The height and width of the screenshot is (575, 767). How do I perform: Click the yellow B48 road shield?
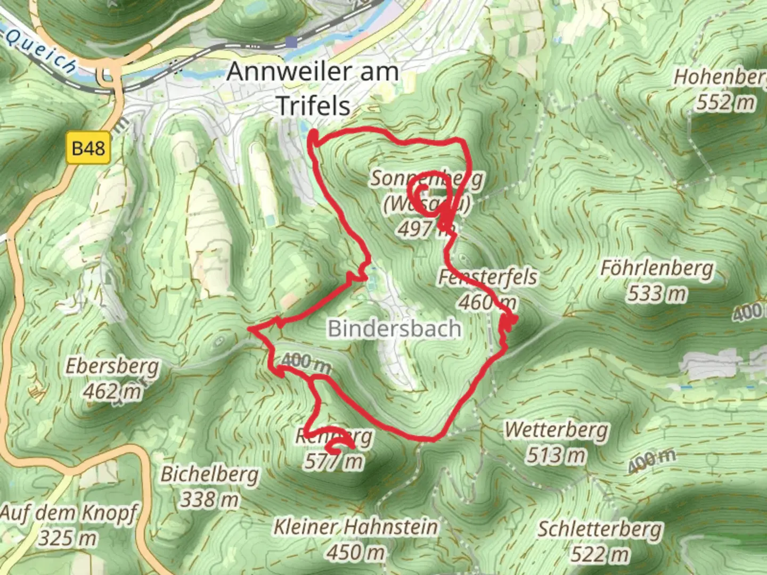tap(88, 147)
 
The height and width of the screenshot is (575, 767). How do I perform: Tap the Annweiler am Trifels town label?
tap(313, 88)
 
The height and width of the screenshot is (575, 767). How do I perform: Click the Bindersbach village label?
tap(394, 328)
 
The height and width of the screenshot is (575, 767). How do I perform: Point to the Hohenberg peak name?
tap(720, 77)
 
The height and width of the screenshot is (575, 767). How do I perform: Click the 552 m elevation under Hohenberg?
tap(725, 102)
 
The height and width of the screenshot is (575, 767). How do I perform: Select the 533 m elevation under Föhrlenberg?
tap(657, 293)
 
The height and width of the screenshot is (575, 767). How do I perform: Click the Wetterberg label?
tap(557, 430)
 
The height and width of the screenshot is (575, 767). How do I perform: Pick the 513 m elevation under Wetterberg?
tap(557, 455)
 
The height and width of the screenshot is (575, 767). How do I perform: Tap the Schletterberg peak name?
tap(600, 529)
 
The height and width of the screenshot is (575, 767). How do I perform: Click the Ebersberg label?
tap(112, 367)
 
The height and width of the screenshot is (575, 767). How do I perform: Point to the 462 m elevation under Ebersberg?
tap(112, 392)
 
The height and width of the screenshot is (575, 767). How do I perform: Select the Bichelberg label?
tap(210, 474)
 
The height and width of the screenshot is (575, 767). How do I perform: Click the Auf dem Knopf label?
tap(68, 514)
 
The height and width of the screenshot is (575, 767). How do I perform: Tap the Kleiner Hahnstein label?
tap(355, 527)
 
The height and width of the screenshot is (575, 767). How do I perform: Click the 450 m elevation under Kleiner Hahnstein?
tap(355, 553)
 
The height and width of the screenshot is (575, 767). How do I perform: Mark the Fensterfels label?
tap(487, 277)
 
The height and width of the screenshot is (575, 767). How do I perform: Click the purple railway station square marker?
tap(290, 42)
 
